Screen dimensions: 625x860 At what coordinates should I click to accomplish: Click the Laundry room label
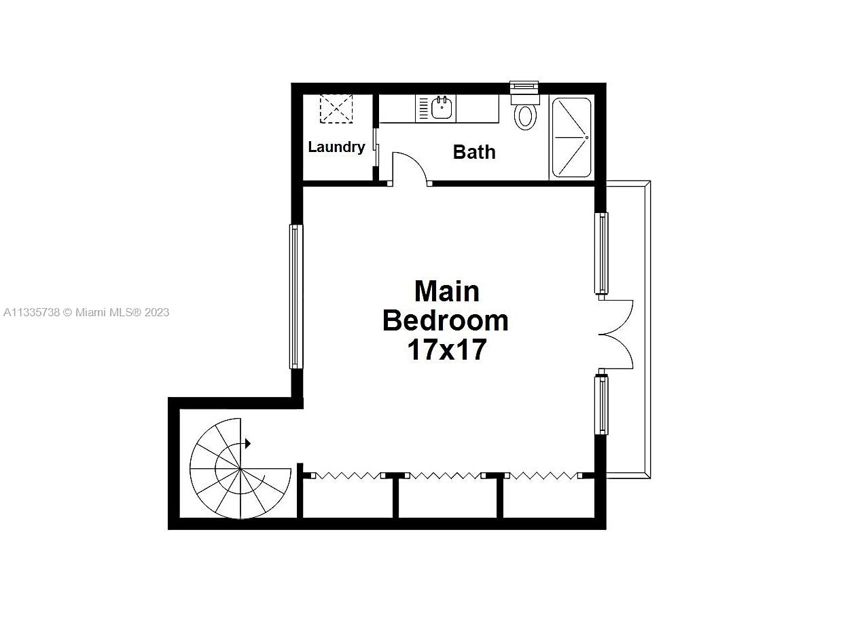tap(336, 147)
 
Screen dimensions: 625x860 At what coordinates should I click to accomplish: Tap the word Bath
tap(474, 152)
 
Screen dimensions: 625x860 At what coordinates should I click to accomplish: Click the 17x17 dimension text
tap(446, 349)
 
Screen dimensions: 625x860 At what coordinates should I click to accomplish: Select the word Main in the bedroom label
tap(446, 291)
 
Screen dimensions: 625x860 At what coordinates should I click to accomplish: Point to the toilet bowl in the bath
tap(525, 116)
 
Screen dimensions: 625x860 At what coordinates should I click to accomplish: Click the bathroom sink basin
tap(442, 108)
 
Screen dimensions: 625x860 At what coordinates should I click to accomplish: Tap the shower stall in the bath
tap(571, 138)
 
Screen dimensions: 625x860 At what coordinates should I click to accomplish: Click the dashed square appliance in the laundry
tap(337, 109)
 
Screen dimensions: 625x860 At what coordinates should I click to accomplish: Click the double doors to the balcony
tap(615, 334)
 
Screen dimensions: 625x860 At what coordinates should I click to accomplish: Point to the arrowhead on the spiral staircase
tap(248, 444)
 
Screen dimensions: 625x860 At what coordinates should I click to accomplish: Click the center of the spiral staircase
tap(240, 468)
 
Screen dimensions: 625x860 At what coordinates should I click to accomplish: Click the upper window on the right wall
tap(602, 253)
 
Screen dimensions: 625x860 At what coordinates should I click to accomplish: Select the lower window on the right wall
tap(602, 404)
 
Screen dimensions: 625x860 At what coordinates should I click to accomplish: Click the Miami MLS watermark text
tap(86, 312)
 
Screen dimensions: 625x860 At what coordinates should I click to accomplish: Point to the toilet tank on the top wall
tap(524, 89)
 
